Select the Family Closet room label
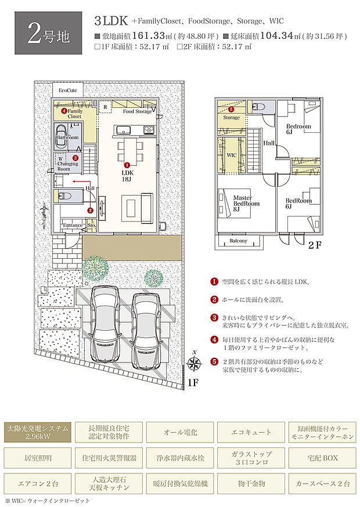coord(74,113)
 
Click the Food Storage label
coord(137,111)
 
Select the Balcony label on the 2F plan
coord(238,241)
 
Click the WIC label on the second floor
coord(231,155)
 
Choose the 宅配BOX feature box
coord(322,458)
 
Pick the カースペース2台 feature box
coord(322,483)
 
